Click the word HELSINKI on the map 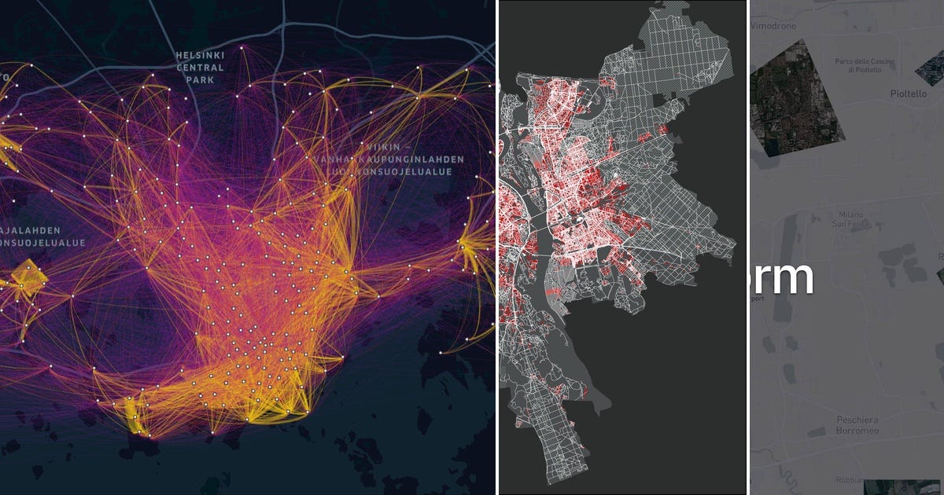click(x=200, y=54)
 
